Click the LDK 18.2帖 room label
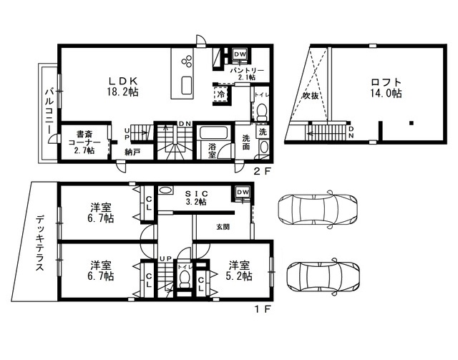pyautogui.click(x=122, y=87)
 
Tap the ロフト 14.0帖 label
pyautogui.click(x=386, y=87)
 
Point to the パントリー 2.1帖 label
pyautogui.click(x=247, y=74)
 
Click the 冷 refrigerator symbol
pyautogui.click(x=221, y=94)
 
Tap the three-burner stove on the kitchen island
pyautogui.click(x=187, y=62)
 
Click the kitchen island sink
pyautogui.click(x=187, y=85)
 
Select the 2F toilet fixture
pyautogui.click(x=262, y=112)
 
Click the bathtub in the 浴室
pyautogui.click(x=213, y=133)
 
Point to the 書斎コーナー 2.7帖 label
pyautogui.click(x=84, y=142)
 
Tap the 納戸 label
pyautogui.click(x=132, y=152)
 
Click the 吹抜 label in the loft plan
pyautogui.click(x=311, y=95)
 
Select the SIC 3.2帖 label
pyautogui.click(x=197, y=198)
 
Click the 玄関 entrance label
pyautogui.click(x=223, y=226)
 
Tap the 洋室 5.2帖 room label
pyautogui.click(x=239, y=271)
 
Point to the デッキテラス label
pyautogui.click(x=41, y=243)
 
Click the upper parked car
pyautogui.click(x=318, y=209)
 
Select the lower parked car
pyautogui.click(x=323, y=277)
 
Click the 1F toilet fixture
pyautogui.click(x=184, y=278)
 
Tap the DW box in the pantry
pyautogui.click(x=240, y=54)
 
